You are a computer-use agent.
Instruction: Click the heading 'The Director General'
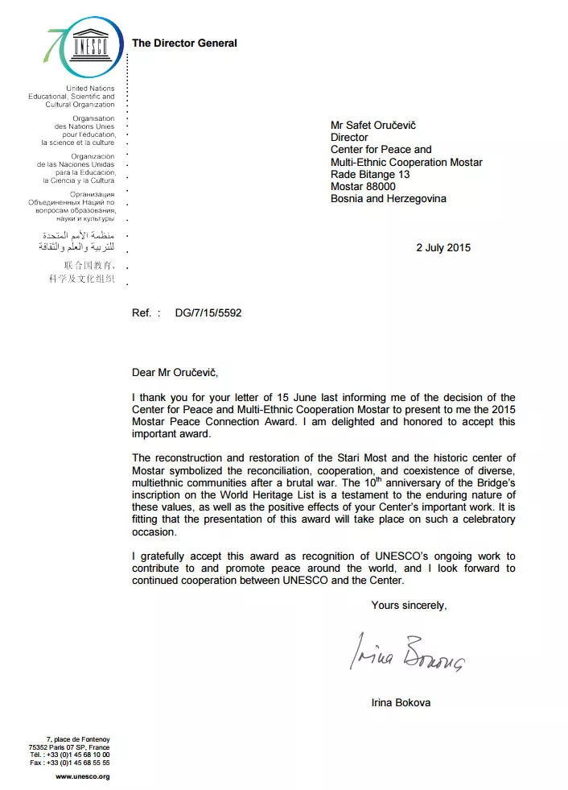coord(184,43)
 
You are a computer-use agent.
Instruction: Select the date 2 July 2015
coord(443,247)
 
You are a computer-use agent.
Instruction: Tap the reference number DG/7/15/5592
coord(208,312)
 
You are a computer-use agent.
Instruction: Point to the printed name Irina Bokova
coord(401,702)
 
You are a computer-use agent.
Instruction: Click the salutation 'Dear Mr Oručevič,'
coord(175,372)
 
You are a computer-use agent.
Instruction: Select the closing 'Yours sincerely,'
coord(409,605)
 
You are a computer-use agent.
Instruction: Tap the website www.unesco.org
coord(82,776)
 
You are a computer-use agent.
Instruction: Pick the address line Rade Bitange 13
coord(370,174)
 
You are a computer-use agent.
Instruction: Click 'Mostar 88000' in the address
coord(363,186)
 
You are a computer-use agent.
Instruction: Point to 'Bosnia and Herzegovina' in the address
coord(388,198)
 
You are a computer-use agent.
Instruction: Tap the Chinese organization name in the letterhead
coord(80,271)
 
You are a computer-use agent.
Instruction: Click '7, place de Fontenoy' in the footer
coord(78,739)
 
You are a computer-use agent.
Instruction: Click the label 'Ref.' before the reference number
coord(141,312)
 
